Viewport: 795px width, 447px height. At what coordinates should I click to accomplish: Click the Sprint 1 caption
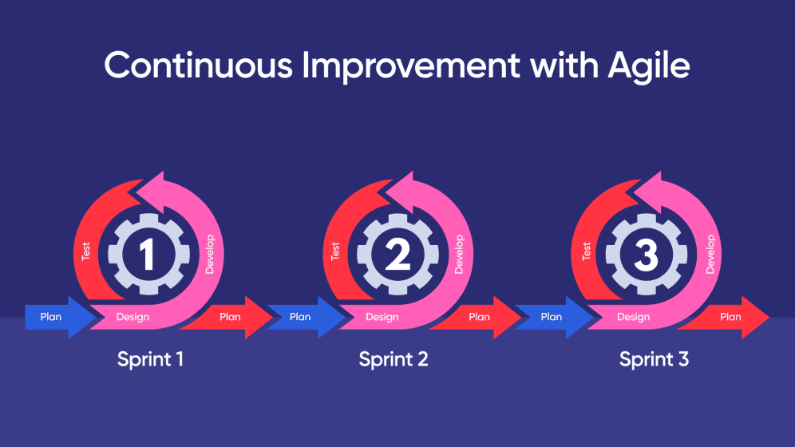pos(150,359)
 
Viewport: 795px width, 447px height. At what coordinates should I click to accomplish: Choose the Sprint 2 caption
pos(394,359)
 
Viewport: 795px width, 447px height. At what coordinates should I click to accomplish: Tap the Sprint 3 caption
pos(654,359)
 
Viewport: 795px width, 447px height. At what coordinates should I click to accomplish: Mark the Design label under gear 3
pos(633,317)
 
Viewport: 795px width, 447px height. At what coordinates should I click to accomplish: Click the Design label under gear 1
pos(132,317)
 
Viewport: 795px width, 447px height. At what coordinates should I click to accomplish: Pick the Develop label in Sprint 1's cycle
pos(210,254)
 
